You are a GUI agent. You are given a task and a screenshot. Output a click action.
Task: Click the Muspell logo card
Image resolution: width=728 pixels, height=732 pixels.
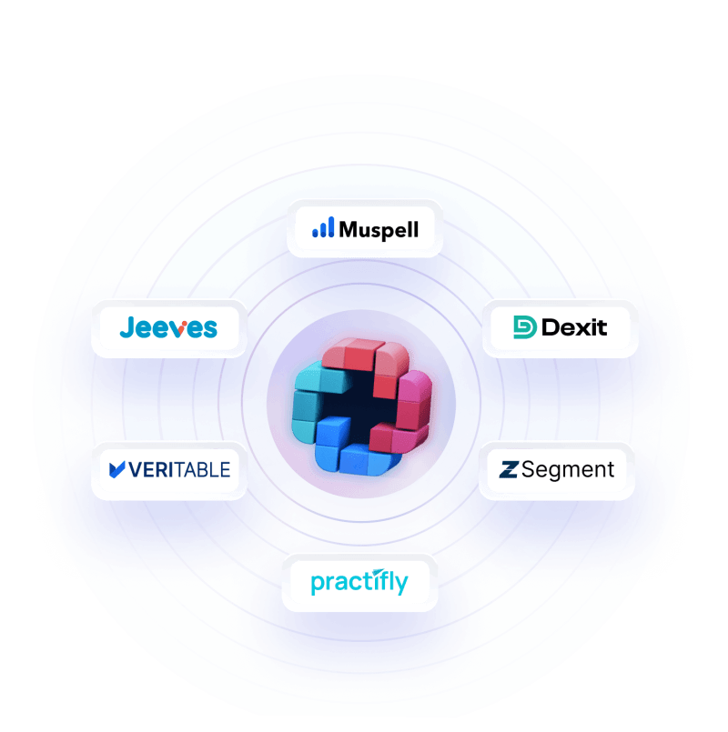tap(365, 229)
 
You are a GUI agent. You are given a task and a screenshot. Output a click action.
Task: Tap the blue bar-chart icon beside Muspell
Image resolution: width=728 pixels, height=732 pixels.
tap(323, 227)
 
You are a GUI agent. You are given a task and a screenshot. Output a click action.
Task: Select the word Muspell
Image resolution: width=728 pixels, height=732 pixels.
tap(379, 230)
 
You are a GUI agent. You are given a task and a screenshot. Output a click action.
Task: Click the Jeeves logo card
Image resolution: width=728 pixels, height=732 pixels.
tap(169, 328)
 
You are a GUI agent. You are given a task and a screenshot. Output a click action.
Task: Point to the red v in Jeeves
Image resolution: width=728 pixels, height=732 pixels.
tap(178, 328)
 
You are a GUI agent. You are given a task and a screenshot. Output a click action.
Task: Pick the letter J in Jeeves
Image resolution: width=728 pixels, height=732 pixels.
tap(127, 326)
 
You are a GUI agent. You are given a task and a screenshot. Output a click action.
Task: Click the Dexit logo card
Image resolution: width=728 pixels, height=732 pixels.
tap(561, 328)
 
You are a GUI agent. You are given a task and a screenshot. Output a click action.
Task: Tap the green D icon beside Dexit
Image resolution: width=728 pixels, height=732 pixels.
tap(525, 327)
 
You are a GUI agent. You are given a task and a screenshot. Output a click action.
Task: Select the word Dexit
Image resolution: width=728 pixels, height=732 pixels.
tap(574, 327)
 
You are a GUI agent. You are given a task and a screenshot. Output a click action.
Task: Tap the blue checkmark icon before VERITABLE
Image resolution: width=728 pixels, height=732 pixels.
tap(116, 469)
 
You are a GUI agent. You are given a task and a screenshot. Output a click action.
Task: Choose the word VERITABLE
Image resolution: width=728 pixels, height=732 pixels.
tap(179, 470)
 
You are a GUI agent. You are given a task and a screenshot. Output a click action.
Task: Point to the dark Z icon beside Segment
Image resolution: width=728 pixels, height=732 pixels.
tap(509, 469)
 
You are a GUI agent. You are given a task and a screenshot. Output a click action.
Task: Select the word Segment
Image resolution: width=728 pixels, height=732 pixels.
tap(568, 470)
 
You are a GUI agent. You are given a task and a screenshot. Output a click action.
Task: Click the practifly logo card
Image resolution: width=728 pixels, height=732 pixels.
tap(359, 583)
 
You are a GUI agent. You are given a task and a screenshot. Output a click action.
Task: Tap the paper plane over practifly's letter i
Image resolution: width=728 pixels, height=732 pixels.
tap(379, 572)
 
